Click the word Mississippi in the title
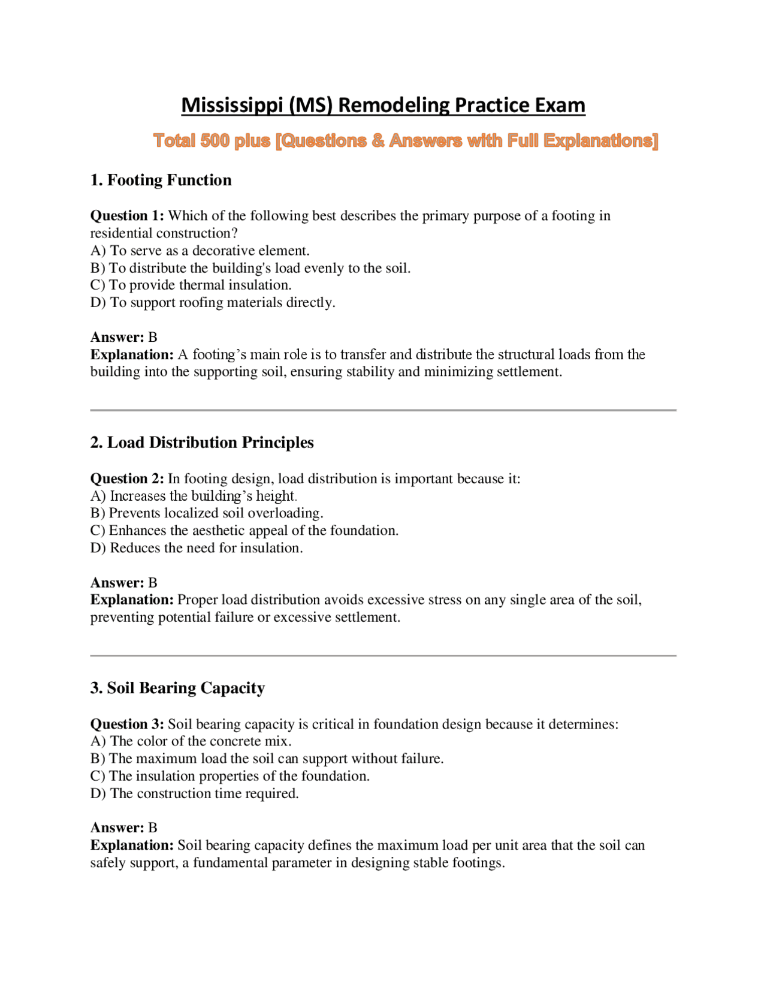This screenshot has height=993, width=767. click(232, 105)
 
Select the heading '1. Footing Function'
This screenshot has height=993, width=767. click(161, 180)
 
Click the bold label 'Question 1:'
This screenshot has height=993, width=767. click(127, 216)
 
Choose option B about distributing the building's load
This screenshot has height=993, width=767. click(250, 268)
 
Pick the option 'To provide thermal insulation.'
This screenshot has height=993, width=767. click(191, 285)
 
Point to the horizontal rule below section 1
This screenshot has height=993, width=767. click(383, 410)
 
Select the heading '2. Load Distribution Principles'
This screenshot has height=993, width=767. click(202, 443)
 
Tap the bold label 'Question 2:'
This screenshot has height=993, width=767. click(127, 479)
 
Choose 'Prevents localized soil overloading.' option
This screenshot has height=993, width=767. click(207, 513)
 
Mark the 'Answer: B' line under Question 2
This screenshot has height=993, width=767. click(123, 582)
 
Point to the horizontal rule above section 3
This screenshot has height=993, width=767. click(383, 655)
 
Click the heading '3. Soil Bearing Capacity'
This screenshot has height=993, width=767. click(177, 688)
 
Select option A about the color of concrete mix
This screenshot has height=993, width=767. click(191, 741)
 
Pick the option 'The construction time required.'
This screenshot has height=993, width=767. click(194, 793)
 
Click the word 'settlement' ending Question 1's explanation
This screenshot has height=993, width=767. click(528, 372)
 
